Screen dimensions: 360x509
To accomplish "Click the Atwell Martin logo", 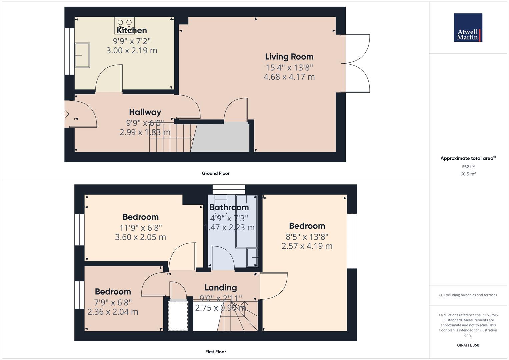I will point(468,28).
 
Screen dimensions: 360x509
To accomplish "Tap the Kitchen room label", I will point(132,30).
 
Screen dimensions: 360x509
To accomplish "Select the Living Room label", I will point(289,57).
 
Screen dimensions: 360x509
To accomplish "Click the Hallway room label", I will point(145,112).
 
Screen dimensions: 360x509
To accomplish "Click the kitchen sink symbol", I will point(82,55).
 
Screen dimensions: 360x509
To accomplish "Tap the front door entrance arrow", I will point(65,114).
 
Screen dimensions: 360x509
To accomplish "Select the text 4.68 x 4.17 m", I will point(289,77).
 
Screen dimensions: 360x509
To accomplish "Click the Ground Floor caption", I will point(216,173).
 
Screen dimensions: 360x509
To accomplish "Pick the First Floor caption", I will point(216,352).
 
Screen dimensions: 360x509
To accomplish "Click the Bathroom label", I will point(229,207).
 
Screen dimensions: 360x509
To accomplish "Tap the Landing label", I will point(221,288).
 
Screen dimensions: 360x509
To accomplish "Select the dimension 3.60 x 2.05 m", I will point(140,237).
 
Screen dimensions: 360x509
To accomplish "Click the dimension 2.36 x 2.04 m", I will point(113,312).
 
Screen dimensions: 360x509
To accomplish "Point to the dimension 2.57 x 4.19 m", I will point(307,246).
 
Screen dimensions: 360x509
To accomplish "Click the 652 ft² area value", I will point(468,167).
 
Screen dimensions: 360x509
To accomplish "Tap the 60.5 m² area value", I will point(468,174).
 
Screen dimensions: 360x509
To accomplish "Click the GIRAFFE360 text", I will point(468,345).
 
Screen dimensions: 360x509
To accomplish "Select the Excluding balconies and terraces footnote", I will point(468,295).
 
